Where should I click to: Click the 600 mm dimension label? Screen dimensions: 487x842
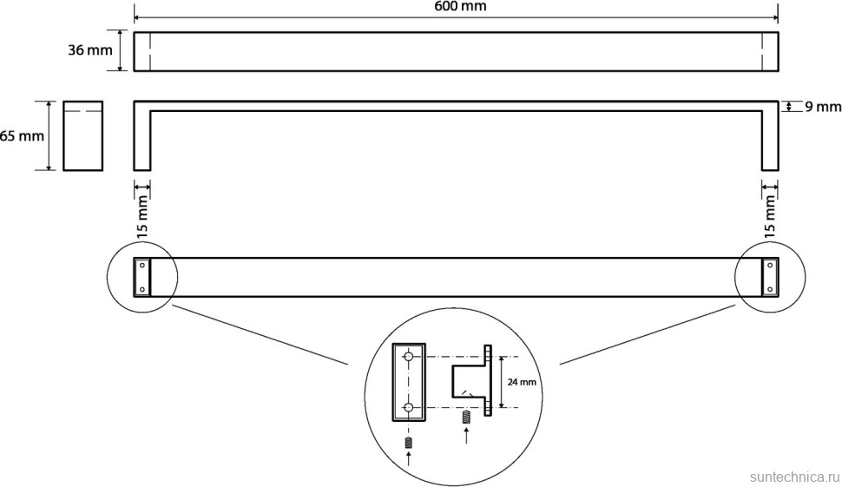click(x=459, y=6)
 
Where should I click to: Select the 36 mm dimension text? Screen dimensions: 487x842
click(x=90, y=50)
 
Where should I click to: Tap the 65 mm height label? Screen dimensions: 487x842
click(x=22, y=136)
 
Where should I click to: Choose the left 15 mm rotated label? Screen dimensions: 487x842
click(x=143, y=217)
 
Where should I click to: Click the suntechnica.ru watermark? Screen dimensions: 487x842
click(x=791, y=477)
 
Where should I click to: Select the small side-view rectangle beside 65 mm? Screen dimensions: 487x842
click(x=82, y=136)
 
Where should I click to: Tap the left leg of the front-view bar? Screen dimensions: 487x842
click(x=142, y=139)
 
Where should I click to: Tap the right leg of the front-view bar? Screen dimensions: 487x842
click(x=770, y=139)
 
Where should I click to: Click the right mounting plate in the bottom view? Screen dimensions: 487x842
click(x=769, y=277)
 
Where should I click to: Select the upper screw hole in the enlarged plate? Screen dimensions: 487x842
click(x=409, y=356)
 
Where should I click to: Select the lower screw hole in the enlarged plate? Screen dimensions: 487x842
click(x=409, y=407)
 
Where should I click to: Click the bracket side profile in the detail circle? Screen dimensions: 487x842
click(x=473, y=381)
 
